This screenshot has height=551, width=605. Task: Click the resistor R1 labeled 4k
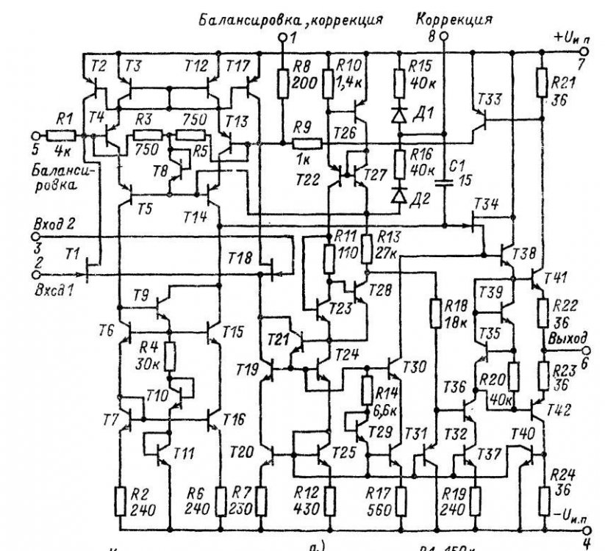[56, 136]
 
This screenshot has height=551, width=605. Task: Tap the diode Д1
[398, 115]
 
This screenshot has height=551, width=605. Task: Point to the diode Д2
[398, 195]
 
